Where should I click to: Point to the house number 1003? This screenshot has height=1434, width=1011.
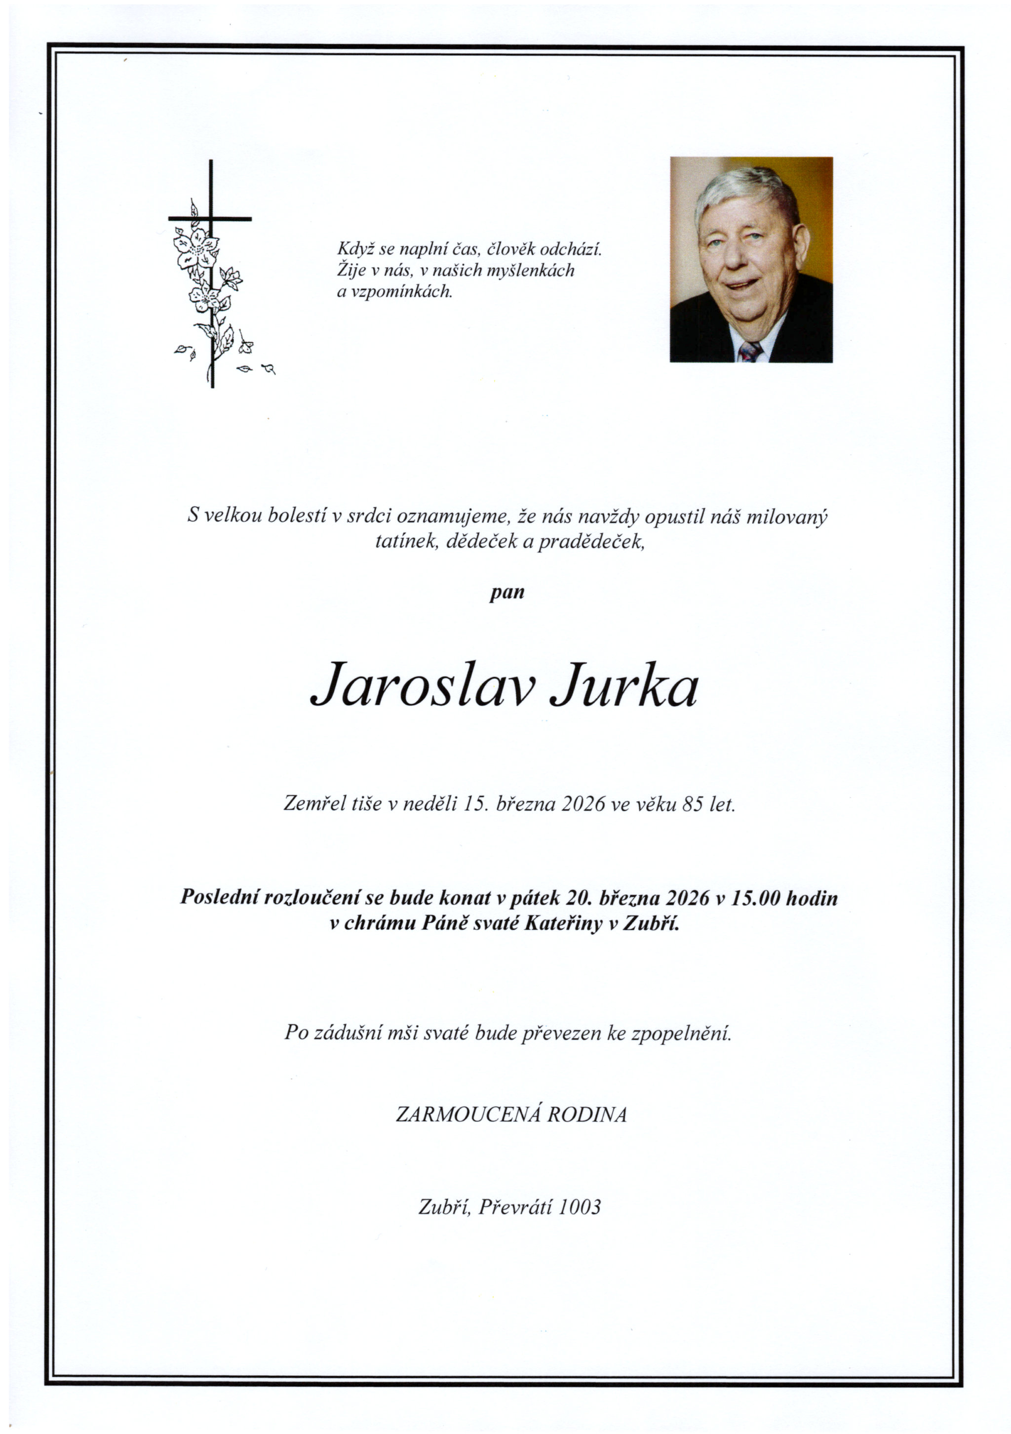coord(580,1207)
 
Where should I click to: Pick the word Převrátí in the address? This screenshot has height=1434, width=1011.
coord(515,1207)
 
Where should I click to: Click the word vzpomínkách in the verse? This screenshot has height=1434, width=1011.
coord(394,292)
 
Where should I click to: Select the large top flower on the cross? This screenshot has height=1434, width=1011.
coord(196,247)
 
